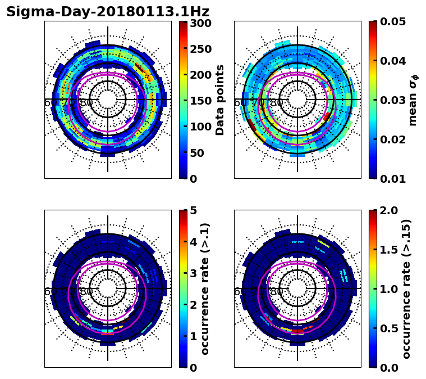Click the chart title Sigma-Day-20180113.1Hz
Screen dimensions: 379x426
[108, 12]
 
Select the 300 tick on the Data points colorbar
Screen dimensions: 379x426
[200, 24]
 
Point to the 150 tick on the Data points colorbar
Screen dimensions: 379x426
[200, 101]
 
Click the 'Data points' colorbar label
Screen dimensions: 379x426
[220, 100]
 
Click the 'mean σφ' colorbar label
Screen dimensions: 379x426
[413, 100]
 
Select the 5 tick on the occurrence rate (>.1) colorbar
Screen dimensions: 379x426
[193, 211]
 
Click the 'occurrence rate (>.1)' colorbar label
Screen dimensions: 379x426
[205, 288]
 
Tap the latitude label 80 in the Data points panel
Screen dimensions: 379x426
[86, 103]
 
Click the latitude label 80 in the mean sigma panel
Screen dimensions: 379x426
[276, 103]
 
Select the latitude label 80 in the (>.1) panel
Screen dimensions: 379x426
[86, 292]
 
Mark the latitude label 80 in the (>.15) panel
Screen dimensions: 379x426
[276, 292]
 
